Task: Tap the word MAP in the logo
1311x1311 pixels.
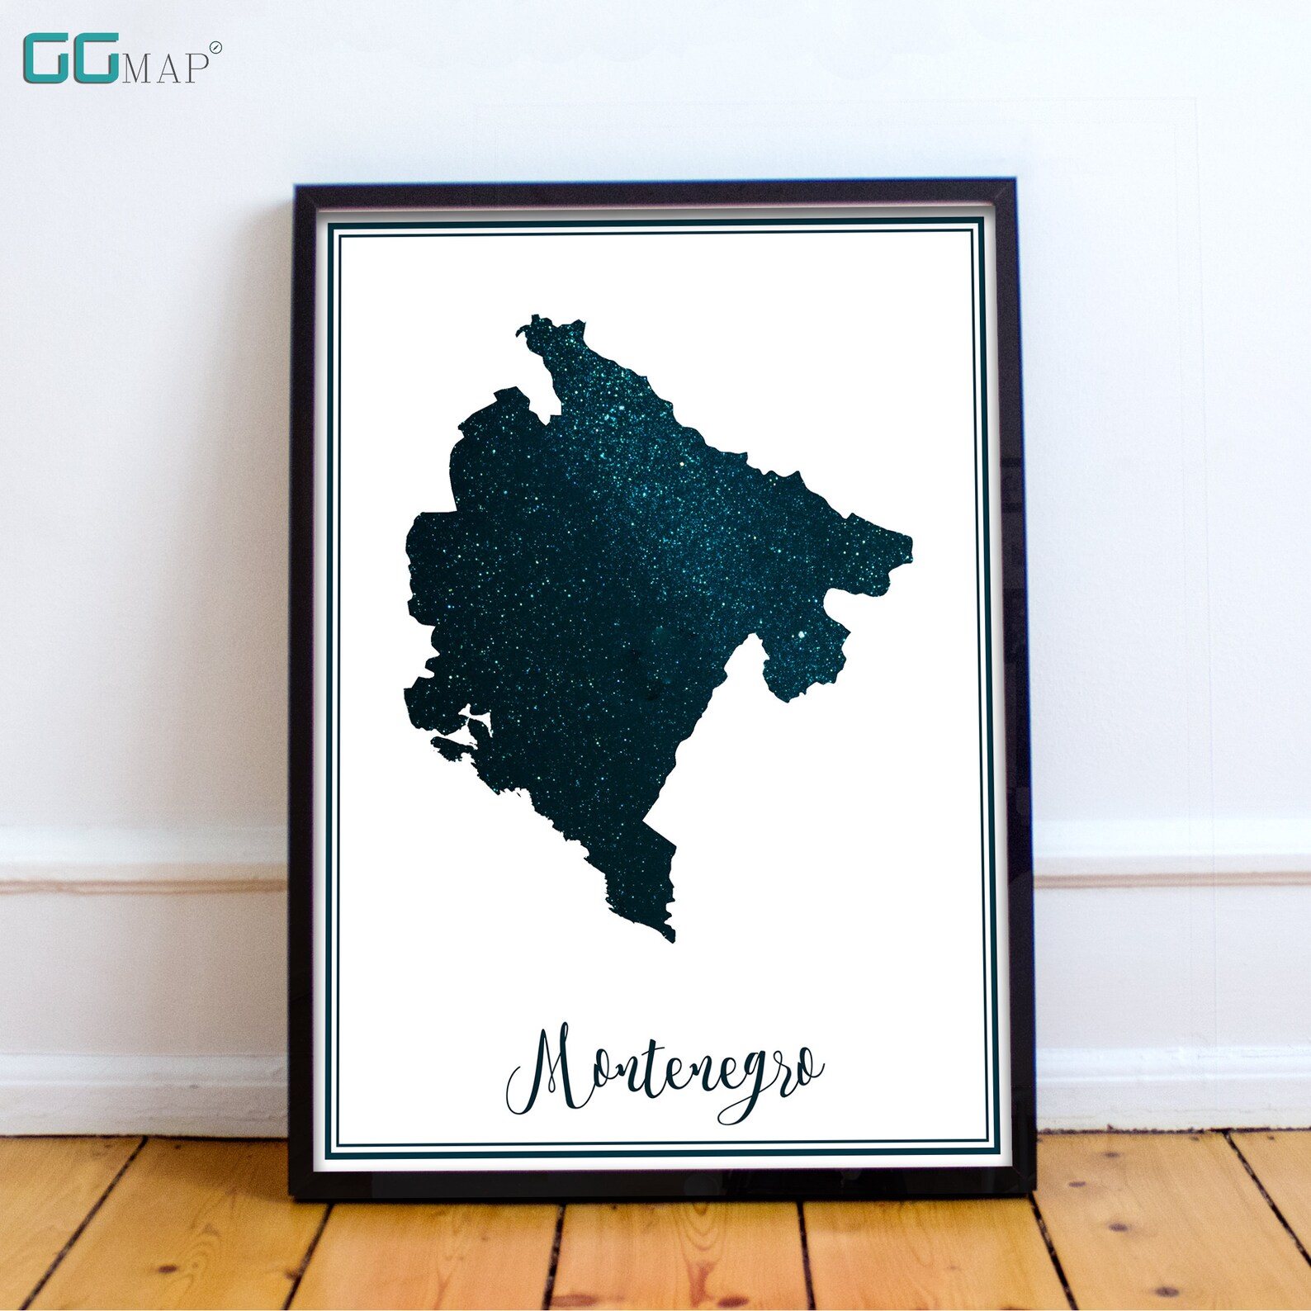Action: pos(164,69)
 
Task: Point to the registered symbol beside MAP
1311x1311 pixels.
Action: pos(215,48)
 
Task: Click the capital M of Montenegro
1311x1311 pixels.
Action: pos(549,1069)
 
